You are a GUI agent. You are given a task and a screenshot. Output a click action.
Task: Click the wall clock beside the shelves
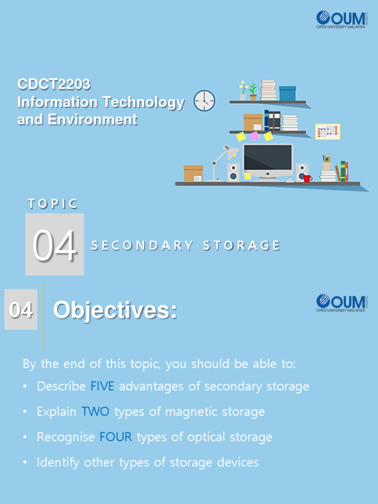(x=204, y=101)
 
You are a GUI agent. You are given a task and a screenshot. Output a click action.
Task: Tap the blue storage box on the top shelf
(x=287, y=93)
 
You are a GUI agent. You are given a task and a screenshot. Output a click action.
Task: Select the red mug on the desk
(x=307, y=178)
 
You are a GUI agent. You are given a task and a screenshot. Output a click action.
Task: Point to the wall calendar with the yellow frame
(x=327, y=132)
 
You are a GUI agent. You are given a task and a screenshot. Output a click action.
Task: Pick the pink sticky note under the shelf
(x=254, y=136)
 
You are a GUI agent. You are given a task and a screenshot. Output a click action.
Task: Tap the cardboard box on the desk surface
(x=193, y=174)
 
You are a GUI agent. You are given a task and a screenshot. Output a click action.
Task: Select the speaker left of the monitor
(x=233, y=172)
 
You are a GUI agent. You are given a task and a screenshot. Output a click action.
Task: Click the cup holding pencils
(x=326, y=166)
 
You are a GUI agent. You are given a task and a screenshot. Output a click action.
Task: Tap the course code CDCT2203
(x=54, y=85)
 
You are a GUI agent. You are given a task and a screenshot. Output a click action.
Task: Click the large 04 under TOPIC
(x=55, y=246)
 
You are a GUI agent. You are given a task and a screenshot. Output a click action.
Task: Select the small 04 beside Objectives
(x=21, y=310)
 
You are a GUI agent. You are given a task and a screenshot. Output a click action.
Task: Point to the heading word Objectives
(x=115, y=311)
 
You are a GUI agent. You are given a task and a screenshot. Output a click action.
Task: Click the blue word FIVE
(x=102, y=386)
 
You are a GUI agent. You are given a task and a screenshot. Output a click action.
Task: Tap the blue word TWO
(x=95, y=411)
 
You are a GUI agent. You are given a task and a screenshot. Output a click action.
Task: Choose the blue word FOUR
(x=116, y=437)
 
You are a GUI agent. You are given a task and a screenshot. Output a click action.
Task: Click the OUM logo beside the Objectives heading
(x=341, y=303)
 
